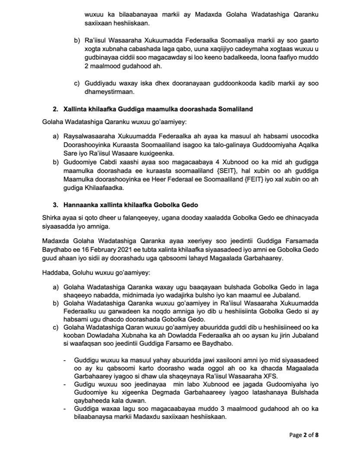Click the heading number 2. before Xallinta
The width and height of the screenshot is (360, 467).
55,109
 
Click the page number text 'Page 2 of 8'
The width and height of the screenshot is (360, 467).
304,435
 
